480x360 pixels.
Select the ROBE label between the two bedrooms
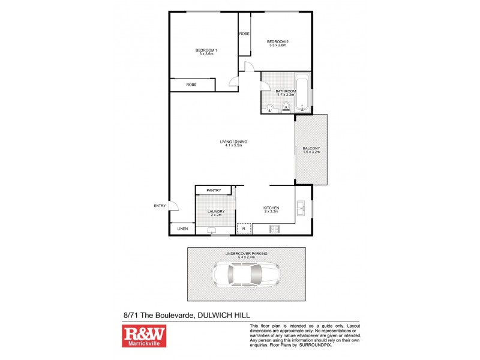244,34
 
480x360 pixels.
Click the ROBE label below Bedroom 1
191,85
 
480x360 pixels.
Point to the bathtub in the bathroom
302,92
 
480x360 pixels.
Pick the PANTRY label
214,190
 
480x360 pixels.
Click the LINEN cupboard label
182,229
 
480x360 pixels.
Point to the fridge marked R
244,229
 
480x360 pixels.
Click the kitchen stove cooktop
275,229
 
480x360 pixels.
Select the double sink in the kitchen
302,210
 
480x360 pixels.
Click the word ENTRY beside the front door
160,206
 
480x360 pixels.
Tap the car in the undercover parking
246,275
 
